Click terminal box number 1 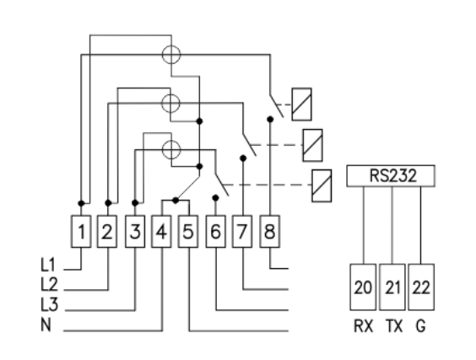(x=81, y=231)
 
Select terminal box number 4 (x=161, y=231)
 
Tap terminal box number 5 (x=188, y=231)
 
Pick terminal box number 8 (x=270, y=231)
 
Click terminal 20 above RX (x=363, y=287)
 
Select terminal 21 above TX (x=392, y=287)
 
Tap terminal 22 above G (x=421, y=287)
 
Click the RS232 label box (x=391, y=176)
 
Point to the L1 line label (x=48, y=265)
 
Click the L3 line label (x=49, y=305)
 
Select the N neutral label (x=46, y=325)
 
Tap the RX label (x=364, y=326)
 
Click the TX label (x=394, y=326)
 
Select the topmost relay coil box (x=301, y=105)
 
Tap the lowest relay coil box (x=322, y=185)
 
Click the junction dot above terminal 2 (x=108, y=203)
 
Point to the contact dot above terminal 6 (x=215, y=198)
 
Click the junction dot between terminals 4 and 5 (x=176, y=201)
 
